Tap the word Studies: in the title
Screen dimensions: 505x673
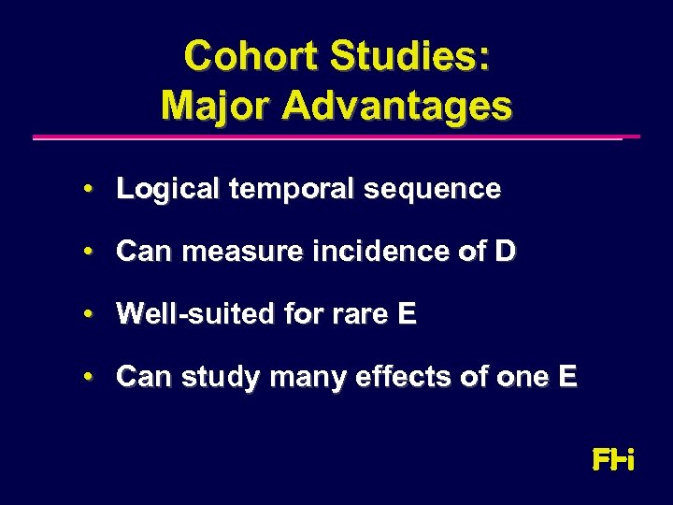tap(408, 56)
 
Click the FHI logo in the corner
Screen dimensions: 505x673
tap(613, 460)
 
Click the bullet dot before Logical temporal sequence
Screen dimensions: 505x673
tap(86, 189)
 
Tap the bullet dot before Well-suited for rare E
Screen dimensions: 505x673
tap(86, 314)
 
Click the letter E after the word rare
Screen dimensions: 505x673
tap(407, 314)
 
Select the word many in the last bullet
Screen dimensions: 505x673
tap(300, 377)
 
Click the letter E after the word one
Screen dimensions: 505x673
tap(567, 377)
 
